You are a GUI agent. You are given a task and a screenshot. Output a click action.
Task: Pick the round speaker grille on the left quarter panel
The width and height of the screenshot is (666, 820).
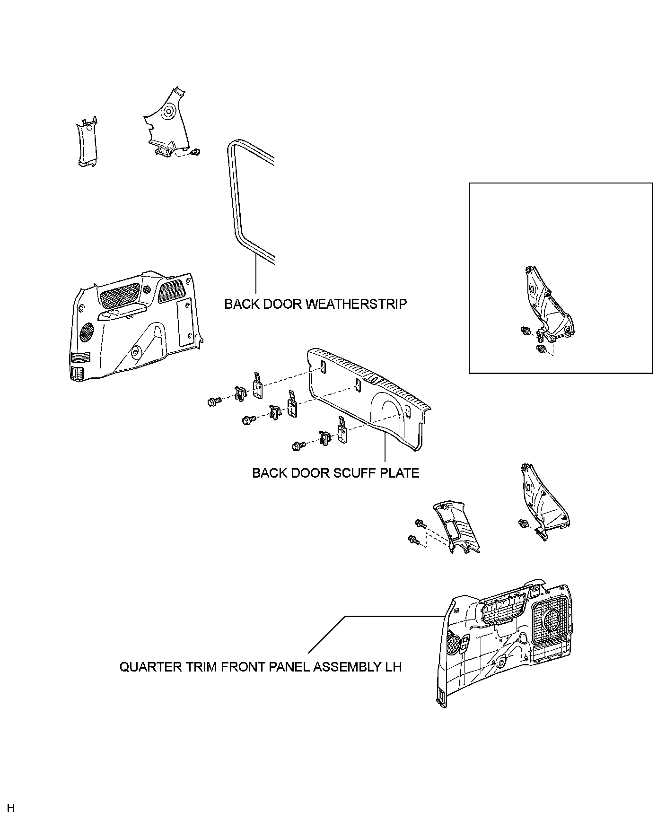tap(87, 332)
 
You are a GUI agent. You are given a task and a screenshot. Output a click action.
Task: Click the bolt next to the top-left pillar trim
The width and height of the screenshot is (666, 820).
tap(197, 152)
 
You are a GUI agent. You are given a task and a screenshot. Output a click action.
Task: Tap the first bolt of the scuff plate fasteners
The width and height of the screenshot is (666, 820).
tap(212, 402)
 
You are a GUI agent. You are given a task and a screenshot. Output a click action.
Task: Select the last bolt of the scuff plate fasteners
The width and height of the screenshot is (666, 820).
tap(298, 445)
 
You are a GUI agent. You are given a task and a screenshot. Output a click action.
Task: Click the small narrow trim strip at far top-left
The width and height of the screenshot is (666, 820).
tap(86, 142)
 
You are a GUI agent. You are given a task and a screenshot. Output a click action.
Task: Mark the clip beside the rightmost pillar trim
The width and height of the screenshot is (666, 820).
tap(523, 523)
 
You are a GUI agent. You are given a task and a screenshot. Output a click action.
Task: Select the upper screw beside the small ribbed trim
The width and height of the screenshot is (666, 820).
tap(420, 523)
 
